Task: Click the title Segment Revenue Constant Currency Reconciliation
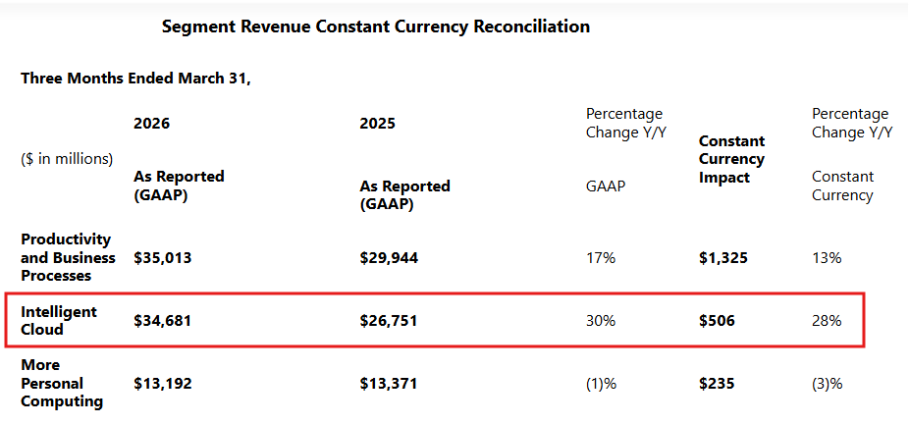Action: point(376,27)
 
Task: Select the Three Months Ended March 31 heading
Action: point(135,79)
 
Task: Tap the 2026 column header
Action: point(152,124)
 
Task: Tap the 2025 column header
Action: point(377,124)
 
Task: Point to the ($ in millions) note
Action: point(67,159)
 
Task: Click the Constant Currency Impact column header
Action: point(731,159)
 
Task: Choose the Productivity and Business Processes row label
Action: point(68,257)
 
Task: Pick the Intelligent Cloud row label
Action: point(59,320)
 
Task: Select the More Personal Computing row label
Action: point(62,383)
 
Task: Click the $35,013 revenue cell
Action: point(162,258)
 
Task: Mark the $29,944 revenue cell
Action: point(389,258)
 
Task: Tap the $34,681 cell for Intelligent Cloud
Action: point(162,321)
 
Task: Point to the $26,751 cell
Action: point(389,321)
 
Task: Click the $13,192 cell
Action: point(162,383)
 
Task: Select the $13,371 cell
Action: point(389,383)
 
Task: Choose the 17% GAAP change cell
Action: point(601,258)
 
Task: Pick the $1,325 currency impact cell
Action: point(722,258)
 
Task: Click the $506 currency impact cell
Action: point(717,321)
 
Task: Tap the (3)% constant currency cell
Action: point(828,383)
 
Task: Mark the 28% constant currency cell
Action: point(827,321)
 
